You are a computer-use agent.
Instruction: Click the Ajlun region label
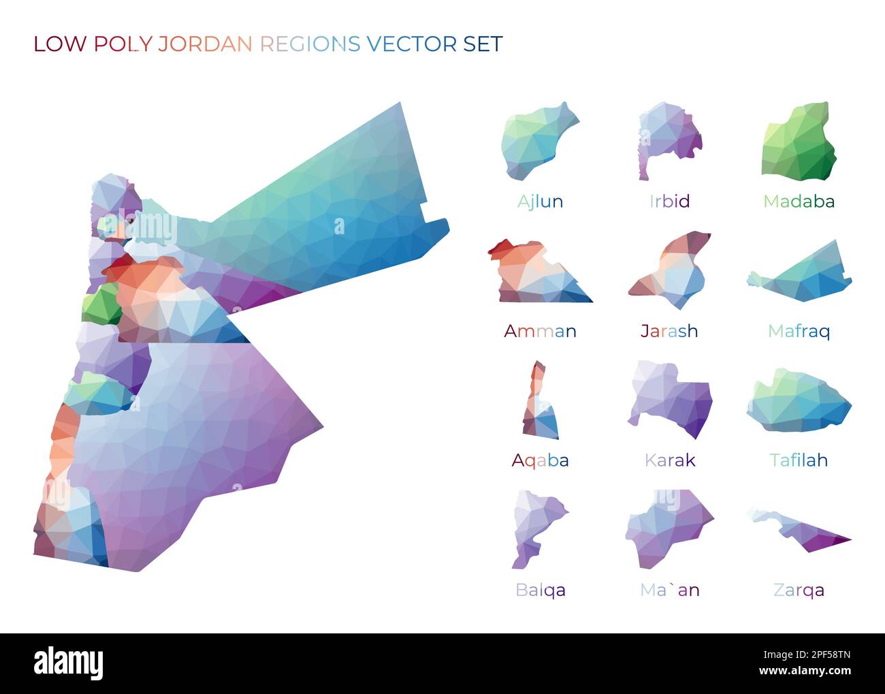point(540,202)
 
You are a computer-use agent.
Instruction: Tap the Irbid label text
point(669,202)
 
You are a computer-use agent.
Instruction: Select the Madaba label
point(799,202)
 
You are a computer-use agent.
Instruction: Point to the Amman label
point(540,331)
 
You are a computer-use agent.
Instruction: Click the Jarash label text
point(669,331)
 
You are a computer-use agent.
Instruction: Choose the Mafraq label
point(799,331)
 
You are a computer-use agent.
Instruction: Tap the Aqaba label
point(540,460)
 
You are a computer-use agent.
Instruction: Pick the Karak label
point(669,460)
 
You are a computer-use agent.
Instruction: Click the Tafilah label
point(799,460)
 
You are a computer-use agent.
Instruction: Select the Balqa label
point(540,590)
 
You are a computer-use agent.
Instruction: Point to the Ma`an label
point(669,590)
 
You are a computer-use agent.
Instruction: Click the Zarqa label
point(799,590)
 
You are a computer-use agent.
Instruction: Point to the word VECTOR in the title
point(412,44)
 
